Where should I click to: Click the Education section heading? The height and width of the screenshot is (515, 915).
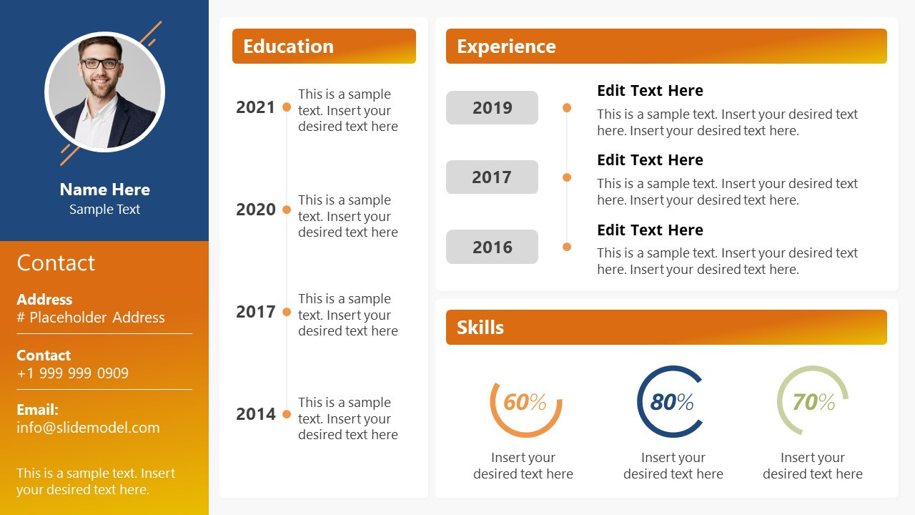[x=288, y=46]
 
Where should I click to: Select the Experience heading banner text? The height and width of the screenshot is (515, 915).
[x=506, y=46]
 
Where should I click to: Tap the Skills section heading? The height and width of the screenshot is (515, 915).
[x=480, y=328]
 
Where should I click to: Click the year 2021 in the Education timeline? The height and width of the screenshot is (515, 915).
[x=255, y=107]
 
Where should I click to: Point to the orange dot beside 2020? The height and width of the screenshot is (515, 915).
[x=287, y=210]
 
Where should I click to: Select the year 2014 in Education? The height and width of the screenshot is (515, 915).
[x=256, y=414]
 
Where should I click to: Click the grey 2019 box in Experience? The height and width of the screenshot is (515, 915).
[x=492, y=107]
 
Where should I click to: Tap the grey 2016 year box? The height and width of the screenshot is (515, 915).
[x=492, y=247]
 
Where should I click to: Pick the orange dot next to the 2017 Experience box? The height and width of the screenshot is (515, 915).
[x=567, y=177]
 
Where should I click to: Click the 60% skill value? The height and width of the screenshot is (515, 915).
[x=525, y=402]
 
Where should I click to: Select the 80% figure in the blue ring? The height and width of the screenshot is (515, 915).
[x=671, y=402]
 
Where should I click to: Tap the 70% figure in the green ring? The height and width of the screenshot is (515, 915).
[x=813, y=402]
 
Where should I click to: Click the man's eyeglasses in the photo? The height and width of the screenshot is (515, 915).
[x=100, y=64]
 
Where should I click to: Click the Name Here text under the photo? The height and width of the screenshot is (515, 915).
[x=105, y=190]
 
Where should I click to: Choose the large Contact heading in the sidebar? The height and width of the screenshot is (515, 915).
[x=56, y=263]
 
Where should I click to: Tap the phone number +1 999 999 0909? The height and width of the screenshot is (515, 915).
[x=73, y=373]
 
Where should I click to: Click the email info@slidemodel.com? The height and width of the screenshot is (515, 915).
[x=88, y=428]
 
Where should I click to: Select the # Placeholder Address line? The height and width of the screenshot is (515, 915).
[x=91, y=318]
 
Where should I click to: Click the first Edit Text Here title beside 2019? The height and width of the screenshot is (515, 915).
[x=650, y=90]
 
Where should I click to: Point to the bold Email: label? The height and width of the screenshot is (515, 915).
[x=38, y=410]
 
